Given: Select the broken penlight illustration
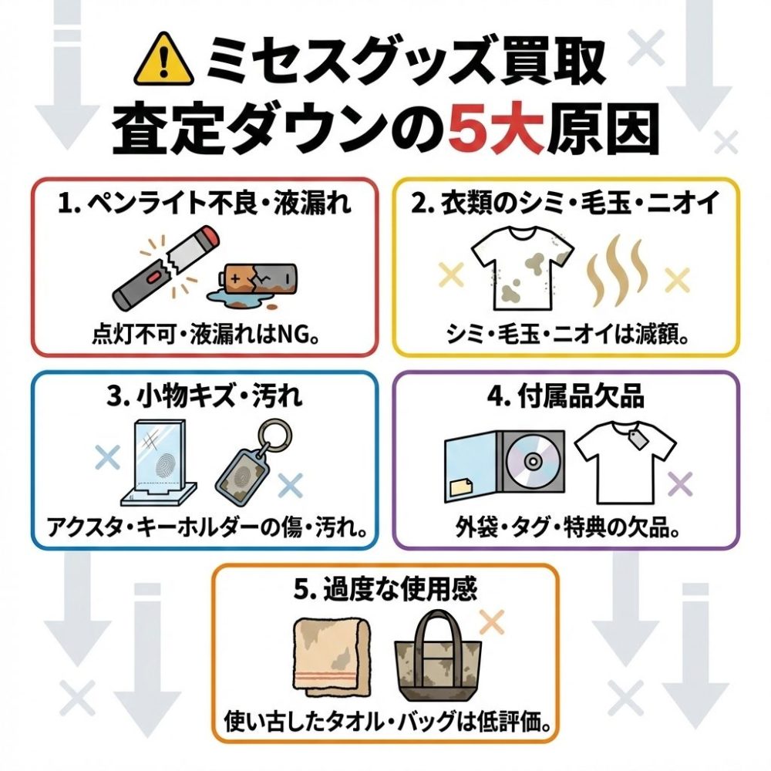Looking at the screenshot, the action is click(166, 267).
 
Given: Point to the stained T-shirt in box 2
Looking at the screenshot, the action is click(522, 267).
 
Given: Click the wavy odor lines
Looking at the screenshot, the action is click(615, 271).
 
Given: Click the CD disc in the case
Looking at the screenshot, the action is click(531, 461).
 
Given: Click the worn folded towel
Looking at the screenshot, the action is click(332, 656).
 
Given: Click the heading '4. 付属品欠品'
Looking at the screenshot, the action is click(565, 396).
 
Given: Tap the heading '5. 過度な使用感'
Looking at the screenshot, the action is click(385, 588).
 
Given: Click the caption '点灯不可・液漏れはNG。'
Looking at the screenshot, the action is click(207, 335).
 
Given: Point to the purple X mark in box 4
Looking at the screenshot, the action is click(681, 484).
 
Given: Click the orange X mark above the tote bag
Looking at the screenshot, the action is click(491, 622).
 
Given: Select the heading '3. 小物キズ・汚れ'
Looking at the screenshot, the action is click(204, 396).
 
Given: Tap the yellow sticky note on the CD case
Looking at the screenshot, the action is click(461, 487).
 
